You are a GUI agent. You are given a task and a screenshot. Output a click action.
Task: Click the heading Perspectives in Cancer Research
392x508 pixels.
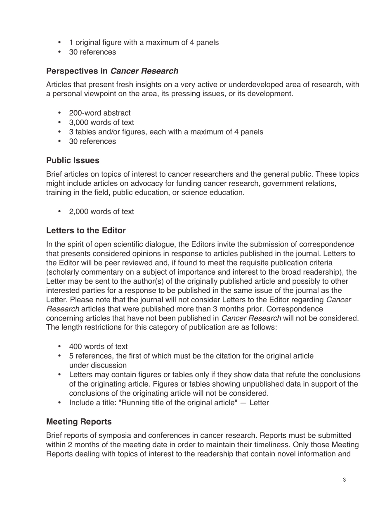(x=112, y=71)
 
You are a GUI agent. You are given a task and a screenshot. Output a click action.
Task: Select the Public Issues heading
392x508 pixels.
(x=73, y=160)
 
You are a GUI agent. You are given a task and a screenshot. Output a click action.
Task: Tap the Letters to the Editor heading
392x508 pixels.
(x=86, y=230)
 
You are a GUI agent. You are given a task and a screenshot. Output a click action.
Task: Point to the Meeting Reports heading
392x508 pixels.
(x=79, y=422)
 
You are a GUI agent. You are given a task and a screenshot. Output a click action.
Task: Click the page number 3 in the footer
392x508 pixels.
(x=344, y=480)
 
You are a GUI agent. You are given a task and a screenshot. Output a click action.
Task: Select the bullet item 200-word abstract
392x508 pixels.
(x=100, y=113)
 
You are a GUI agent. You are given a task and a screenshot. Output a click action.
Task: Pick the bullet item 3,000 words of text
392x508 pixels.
(x=102, y=122)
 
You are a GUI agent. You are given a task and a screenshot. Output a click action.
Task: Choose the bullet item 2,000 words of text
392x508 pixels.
(x=102, y=211)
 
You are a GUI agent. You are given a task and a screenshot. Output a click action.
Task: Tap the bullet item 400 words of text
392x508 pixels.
(x=98, y=347)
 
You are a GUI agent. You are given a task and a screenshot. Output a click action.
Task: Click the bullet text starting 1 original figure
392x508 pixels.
(x=144, y=42)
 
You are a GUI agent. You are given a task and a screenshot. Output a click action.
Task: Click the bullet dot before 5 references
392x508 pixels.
(x=60, y=356)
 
